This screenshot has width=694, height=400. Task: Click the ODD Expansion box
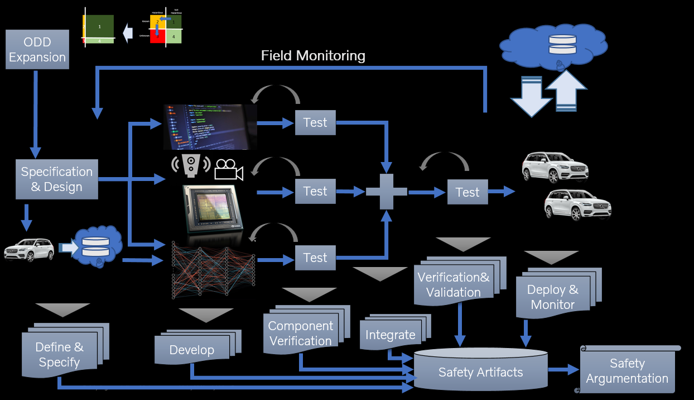(x=37, y=50)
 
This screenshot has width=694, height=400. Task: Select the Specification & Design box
(x=56, y=179)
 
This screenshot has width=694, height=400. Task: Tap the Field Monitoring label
(x=313, y=55)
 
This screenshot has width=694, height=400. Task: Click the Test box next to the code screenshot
(x=315, y=123)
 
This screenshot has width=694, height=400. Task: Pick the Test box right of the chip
(x=315, y=192)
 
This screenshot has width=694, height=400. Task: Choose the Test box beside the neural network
(x=315, y=258)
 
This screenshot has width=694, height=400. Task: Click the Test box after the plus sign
(x=467, y=192)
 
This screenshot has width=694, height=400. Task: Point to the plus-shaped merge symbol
(x=387, y=192)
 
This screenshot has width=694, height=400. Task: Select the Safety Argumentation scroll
(x=627, y=370)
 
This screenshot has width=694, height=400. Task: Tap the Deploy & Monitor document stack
(x=553, y=296)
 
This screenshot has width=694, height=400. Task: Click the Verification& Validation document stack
(x=453, y=284)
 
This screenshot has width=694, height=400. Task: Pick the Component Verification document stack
(x=300, y=333)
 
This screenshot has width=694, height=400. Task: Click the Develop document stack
(x=192, y=349)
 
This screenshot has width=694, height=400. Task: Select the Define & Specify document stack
(x=59, y=354)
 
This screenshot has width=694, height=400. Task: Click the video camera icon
(x=229, y=169)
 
